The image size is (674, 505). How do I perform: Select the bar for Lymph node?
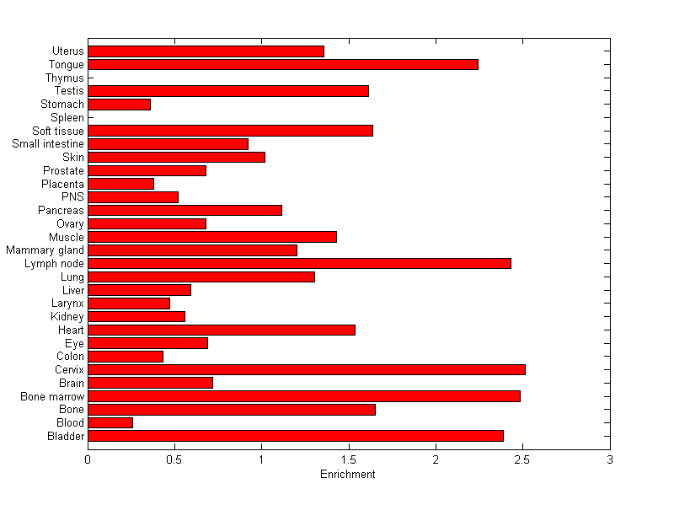(299, 263)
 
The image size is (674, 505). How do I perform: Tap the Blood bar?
(110, 422)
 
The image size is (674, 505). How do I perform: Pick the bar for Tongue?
(283, 64)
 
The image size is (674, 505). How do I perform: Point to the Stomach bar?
(119, 105)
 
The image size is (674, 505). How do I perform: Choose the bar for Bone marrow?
(304, 396)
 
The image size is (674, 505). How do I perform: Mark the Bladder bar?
(296, 436)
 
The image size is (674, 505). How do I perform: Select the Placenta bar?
(120, 184)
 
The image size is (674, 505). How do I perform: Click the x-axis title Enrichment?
(348, 475)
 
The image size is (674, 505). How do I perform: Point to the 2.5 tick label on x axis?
(522, 459)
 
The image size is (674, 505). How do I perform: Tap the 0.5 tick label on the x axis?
(174, 459)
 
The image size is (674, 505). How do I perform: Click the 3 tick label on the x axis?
(609, 459)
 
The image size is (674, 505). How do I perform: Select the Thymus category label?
(65, 78)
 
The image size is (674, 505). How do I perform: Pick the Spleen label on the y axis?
(67, 118)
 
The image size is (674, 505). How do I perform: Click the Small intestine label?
(48, 144)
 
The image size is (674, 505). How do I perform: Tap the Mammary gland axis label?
(45, 250)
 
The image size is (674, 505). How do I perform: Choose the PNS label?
(73, 197)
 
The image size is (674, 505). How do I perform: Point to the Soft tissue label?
(58, 131)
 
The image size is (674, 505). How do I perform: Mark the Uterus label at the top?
(67, 51)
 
